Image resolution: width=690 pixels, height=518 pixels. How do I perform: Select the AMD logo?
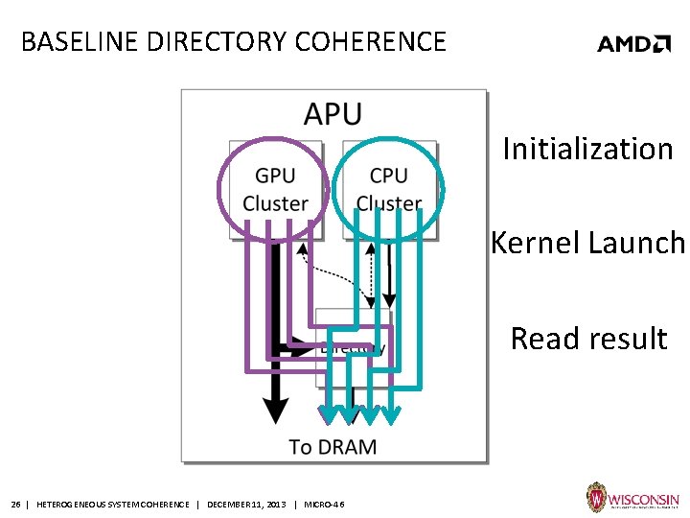[x=633, y=43]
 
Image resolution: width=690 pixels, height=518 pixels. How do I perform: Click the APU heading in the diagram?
[x=333, y=114]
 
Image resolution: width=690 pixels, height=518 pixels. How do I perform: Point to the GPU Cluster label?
[x=275, y=189]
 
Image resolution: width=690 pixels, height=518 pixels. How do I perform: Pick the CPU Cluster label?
[x=388, y=189]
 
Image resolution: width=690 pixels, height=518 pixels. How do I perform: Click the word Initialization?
[x=587, y=150]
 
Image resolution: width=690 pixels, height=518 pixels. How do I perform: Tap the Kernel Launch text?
[x=587, y=244]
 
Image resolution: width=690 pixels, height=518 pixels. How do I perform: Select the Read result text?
[x=587, y=339]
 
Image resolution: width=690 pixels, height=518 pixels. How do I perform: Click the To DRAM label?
[x=333, y=446]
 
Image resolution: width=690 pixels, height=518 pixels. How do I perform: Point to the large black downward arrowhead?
[x=275, y=410]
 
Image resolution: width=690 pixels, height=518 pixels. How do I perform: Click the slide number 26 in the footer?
[x=15, y=504]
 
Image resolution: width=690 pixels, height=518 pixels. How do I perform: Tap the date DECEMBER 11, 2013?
[x=245, y=504]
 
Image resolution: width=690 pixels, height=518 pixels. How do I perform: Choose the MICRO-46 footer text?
[x=324, y=504]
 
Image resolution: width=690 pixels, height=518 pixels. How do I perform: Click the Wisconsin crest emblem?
[x=595, y=498]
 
